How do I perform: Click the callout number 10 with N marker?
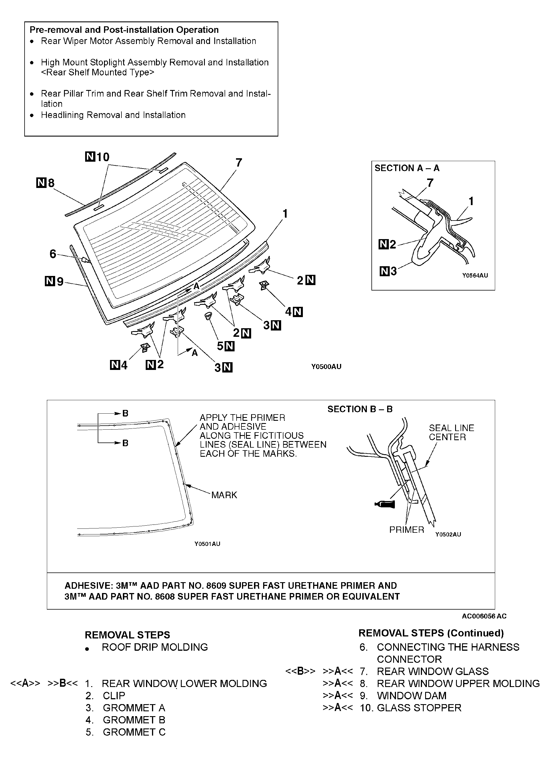click(98, 157)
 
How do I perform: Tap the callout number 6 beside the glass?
click(53, 254)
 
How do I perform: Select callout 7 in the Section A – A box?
click(430, 183)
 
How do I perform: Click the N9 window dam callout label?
click(54, 281)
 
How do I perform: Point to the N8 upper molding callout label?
click(46, 183)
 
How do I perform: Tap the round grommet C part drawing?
click(208, 316)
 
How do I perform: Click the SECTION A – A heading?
click(407, 168)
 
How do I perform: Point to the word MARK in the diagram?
click(224, 495)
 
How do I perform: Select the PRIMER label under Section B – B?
click(407, 530)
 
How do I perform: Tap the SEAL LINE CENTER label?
click(451, 432)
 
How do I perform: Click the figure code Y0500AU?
click(326, 367)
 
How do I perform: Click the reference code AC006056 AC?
click(484, 616)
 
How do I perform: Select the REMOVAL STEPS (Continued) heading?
click(431, 633)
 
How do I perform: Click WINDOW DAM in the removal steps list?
click(411, 696)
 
